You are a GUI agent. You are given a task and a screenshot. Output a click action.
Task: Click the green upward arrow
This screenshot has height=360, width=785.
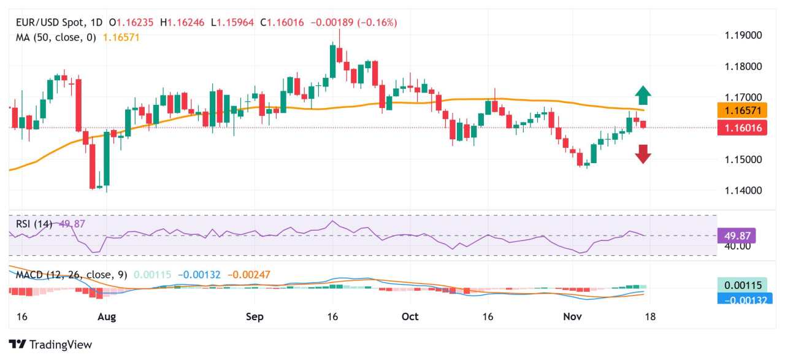pyautogui.click(x=643, y=95)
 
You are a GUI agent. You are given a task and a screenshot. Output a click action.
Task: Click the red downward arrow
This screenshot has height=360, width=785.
pyautogui.click(x=643, y=154)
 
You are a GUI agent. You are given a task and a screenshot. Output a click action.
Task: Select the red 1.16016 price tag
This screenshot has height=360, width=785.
pyautogui.click(x=741, y=128)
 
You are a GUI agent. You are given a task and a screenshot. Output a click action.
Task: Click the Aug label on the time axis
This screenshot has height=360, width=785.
pyautogui.click(x=107, y=317)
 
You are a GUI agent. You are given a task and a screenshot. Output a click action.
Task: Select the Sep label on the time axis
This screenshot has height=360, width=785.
pyautogui.click(x=255, y=317)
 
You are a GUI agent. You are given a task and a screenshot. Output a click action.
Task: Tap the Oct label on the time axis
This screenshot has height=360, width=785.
pyautogui.click(x=410, y=317)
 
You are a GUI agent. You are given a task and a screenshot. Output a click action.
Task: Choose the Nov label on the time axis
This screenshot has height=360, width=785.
pyautogui.click(x=572, y=317)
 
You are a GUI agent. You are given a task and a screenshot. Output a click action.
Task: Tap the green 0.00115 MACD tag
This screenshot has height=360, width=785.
pyautogui.click(x=741, y=285)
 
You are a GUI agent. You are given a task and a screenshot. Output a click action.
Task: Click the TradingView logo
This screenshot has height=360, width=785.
pyautogui.click(x=50, y=345)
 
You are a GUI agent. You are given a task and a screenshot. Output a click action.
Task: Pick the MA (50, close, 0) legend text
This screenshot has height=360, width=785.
pyautogui.click(x=56, y=37)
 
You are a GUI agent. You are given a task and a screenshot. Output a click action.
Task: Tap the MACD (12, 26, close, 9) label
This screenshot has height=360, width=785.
pyautogui.click(x=72, y=275)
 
